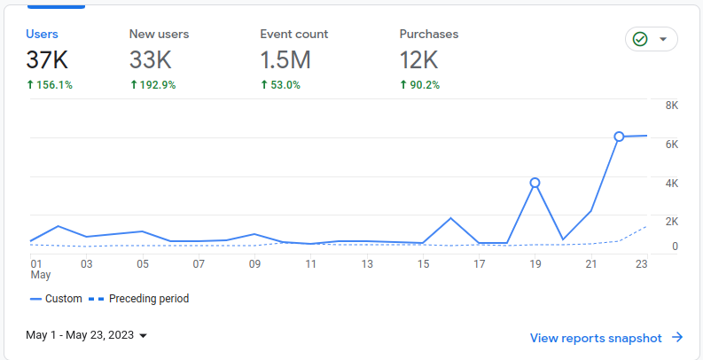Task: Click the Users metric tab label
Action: (x=42, y=34)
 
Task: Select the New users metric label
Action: (x=159, y=34)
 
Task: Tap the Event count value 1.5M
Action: (x=285, y=60)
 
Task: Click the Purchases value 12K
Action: (x=419, y=60)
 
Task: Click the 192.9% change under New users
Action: (x=152, y=85)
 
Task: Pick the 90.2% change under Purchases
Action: (x=419, y=85)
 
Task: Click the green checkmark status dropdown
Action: (x=651, y=39)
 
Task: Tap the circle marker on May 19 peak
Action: (x=535, y=183)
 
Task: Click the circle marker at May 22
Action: (x=619, y=137)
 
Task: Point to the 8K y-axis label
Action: (x=671, y=106)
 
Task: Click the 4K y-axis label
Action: (x=671, y=183)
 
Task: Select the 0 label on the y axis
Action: (x=675, y=247)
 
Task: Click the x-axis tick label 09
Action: (x=254, y=263)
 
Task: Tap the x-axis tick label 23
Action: (x=641, y=263)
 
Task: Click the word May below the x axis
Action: (x=41, y=275)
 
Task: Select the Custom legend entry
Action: (x=56, y=299)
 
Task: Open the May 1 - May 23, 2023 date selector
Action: (x=86, y=335)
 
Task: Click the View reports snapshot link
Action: (x=605, y=338)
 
